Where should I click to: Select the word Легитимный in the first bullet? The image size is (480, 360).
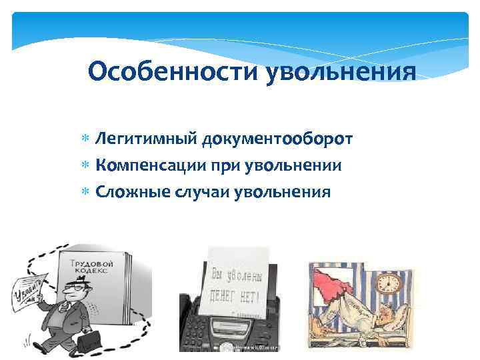(146, 139)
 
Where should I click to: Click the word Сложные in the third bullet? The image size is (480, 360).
(132, 192)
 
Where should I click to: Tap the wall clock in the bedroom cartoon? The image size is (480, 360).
(389, 281)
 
